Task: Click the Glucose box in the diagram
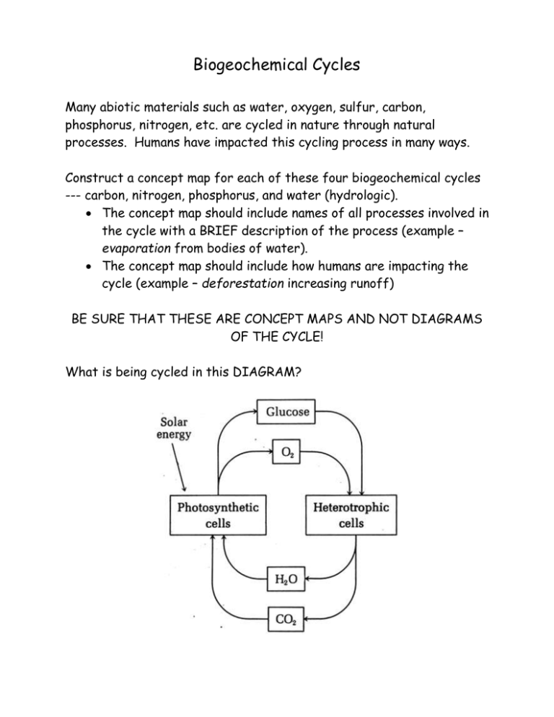tap(288, 412)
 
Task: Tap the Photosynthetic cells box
tap(214, 514)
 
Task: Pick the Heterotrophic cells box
tap(351, 514)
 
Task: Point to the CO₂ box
tap(288, 617)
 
